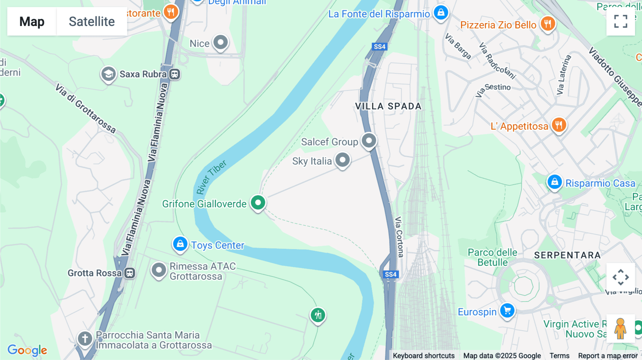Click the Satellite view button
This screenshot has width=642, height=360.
tap(92, 21)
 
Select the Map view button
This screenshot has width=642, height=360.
tap(32, 21)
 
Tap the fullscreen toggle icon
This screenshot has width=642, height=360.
tap(621, 21)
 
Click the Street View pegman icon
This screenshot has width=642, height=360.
tap(620, 328)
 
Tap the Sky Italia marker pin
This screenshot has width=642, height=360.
tap(342, 160)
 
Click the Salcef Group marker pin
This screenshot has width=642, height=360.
tap(369, 140)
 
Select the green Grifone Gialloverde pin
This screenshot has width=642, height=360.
tap(258, 203)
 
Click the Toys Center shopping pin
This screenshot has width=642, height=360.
tap(180, 244)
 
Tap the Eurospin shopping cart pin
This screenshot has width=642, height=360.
tap(507, 311)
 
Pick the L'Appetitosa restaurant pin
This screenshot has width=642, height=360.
tap(559, 125)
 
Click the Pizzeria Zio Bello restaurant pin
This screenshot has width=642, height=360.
tap(547, 24)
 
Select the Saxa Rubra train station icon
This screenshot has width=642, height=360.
tap(174, 74)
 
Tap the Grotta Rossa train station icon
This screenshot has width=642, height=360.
tap(130, 273)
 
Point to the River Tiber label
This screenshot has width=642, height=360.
tap(211, 177)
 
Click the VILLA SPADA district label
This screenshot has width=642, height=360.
tap(388, 106)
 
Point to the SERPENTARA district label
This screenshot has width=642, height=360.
tap(567, 255)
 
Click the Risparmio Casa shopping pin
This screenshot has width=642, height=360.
tap(554, 182)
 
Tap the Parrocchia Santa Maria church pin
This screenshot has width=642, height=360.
tap(85, 338)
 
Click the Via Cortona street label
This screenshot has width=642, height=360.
tap(399, 237)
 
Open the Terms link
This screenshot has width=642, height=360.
tap(559, 356)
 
